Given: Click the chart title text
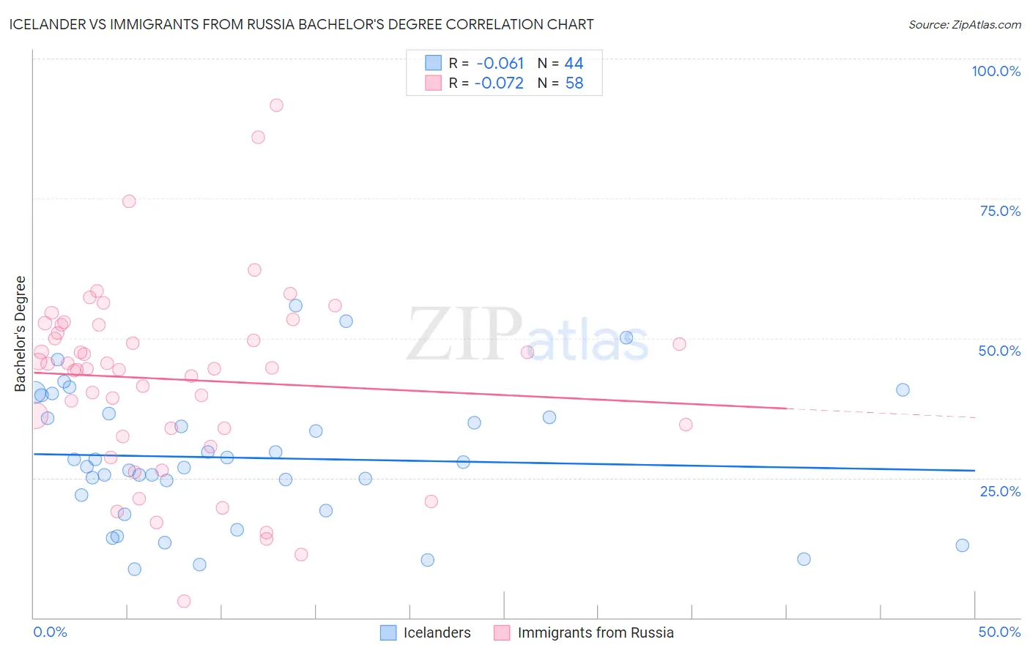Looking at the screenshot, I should click(301, 24).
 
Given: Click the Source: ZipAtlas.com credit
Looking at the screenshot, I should click(964, 24).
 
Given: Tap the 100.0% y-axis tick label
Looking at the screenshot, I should click(996, 71).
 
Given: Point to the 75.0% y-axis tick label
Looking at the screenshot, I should click(1000, 211).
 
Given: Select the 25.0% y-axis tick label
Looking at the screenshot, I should click(1000, 491).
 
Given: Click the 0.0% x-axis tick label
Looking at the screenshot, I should click(50, 632).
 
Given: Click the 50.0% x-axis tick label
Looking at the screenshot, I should click(999, 632).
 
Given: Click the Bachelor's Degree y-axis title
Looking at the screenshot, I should click(21, 334).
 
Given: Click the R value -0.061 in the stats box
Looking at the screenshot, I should click(500, 64).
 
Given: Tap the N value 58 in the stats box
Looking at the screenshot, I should click(574, 83).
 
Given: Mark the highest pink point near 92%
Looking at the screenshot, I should click(276, 105).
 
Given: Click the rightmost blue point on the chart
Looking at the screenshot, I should click(962, 545).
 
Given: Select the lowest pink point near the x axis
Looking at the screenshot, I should click(184, 601).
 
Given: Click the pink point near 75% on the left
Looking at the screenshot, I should click(129, 201).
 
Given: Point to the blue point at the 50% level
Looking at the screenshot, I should click(626, 337).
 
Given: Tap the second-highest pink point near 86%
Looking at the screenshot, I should click(258, 138).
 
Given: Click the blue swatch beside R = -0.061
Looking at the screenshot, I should click(434, 64).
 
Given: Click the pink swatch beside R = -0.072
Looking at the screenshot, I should click(434, 83).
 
